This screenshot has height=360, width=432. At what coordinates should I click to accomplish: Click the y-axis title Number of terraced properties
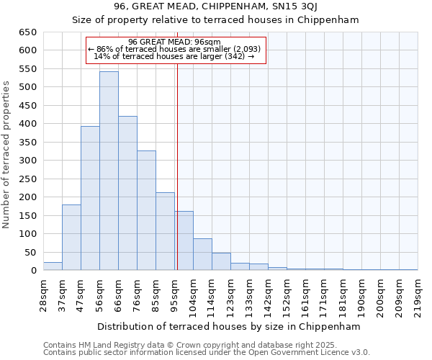click(x=7, y=155)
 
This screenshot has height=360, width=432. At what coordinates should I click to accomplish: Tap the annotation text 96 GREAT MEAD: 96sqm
click(x=175, y=42)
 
